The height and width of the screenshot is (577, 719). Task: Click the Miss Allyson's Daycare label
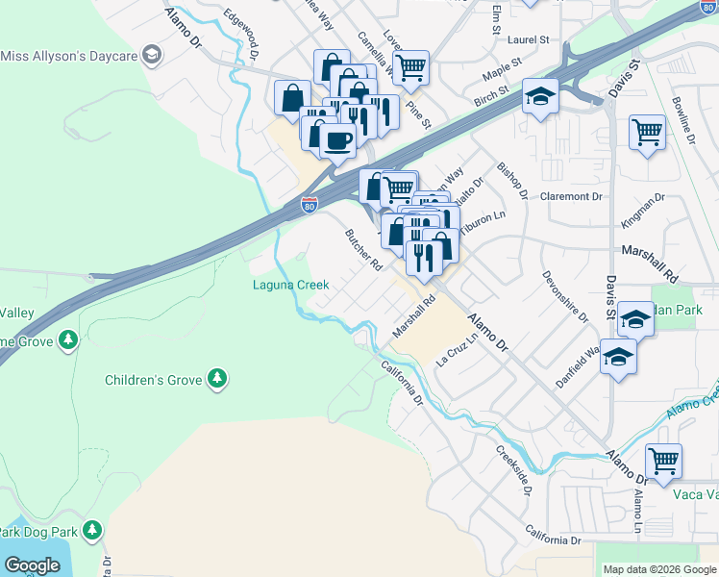tap(69, 57)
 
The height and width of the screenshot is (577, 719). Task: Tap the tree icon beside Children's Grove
tap(218, 379)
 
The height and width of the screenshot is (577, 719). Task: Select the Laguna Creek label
tap(290, 285)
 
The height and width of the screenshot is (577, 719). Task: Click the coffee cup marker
tap(336, 141)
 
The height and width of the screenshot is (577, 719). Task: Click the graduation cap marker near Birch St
tap(540, 96)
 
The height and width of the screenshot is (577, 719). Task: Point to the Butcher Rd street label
tap(365, 249)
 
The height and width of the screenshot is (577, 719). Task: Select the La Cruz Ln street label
tap(457, 351)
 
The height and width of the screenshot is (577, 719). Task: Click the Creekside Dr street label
tap(515, 470)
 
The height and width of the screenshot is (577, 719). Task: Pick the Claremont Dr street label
tap(570, 196)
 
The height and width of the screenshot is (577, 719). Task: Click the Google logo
tap(32, 564)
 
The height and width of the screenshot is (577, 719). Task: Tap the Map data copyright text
tap(659, 569)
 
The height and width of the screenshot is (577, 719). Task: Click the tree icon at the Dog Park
tap(92, 530)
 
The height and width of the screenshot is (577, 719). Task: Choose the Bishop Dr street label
tap(512, 181)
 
